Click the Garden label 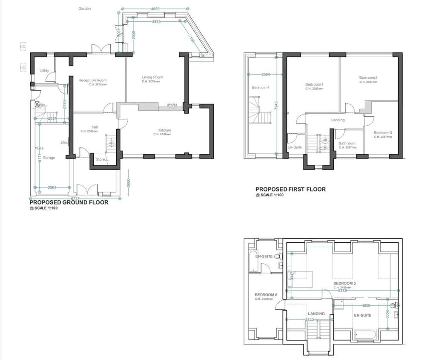point(84,9)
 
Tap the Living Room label point(152,77)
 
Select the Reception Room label point(92,80)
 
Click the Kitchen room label point(165,130)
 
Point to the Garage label point(49,158)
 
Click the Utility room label point(44,71)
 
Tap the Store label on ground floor point(100,159)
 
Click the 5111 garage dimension point(39,158)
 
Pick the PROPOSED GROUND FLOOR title point(69,203)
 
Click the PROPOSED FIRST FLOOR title point(290,189)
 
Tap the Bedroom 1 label point(314,84)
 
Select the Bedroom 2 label point(368,78)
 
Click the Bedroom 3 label point(383,133)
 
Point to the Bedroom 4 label point(261,88)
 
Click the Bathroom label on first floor point(347,144)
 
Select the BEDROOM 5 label point(344,283)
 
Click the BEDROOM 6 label point(266,295)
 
